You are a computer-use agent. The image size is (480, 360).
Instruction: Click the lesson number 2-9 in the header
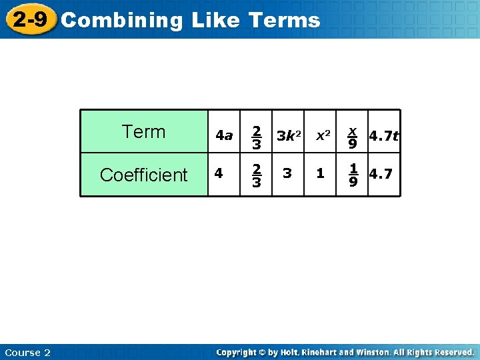[29, 19]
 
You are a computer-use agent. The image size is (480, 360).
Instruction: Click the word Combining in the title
[121, 21]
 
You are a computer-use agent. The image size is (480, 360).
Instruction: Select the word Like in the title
[215, 21]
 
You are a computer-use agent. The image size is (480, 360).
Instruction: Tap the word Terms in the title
[284, 21]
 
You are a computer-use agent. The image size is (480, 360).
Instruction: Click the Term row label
[144, 132]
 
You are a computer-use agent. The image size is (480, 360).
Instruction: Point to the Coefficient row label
[144, 175]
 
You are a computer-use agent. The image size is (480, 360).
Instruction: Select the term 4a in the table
[224, 136]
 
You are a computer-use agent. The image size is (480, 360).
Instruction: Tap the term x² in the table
[323, 135]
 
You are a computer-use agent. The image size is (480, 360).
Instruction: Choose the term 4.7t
[383, 136]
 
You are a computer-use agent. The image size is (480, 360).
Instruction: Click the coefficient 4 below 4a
[219, 173]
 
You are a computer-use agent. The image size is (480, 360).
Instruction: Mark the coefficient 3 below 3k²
[287, 173]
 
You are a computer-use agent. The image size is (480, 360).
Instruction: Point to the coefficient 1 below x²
[321, 173]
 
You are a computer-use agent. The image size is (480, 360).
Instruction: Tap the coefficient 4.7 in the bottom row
[381, 174]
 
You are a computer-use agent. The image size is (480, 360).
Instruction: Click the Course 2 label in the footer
[27, 352]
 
